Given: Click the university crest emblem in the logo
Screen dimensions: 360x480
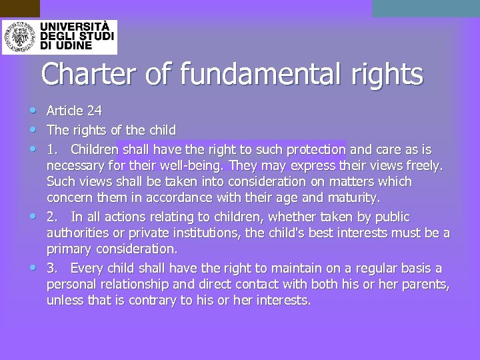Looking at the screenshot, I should point(19,37).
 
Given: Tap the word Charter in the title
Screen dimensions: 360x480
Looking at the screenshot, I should point(88,74).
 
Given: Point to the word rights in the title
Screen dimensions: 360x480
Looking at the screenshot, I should point(387,74).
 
